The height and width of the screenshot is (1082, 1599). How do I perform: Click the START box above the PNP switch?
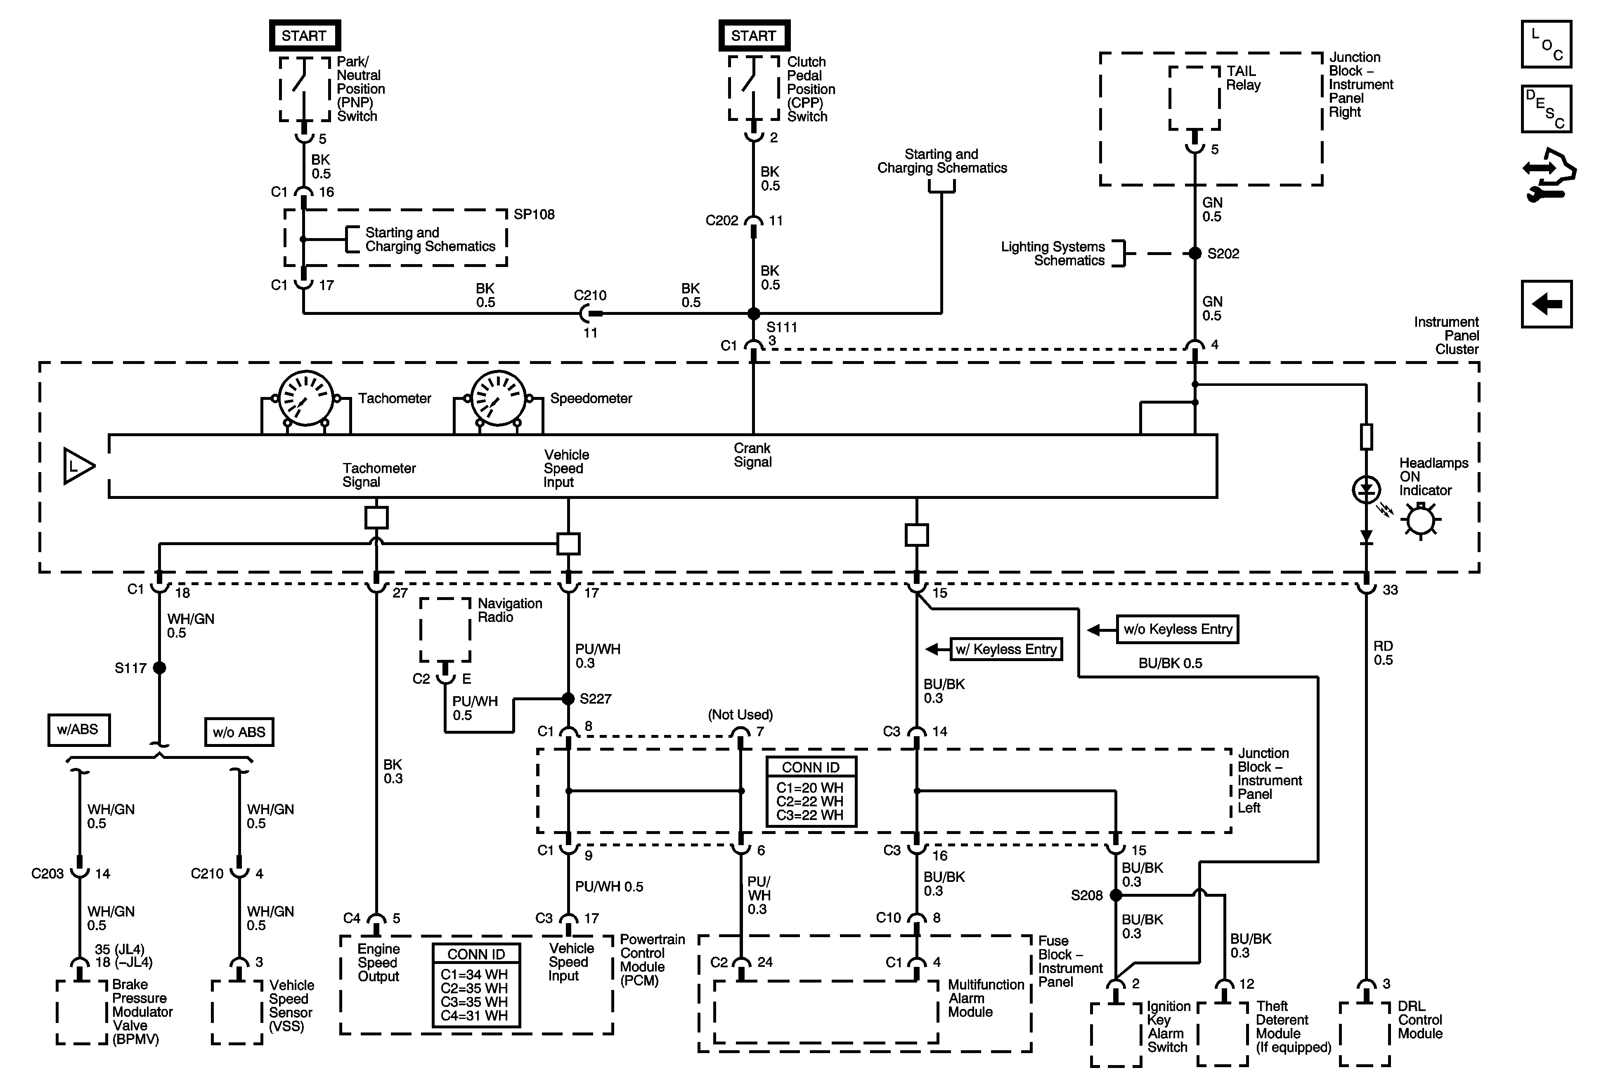[304, 36]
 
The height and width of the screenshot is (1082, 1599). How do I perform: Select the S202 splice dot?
[1195, 253]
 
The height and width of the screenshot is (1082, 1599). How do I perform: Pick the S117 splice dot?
[160, 667]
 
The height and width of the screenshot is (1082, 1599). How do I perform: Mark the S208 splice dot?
[1116, 895]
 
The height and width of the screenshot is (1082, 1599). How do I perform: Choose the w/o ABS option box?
[239, 732]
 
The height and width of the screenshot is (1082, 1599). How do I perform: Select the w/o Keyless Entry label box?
[1177, 629]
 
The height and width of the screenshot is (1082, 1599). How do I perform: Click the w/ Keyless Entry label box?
[1006, 650]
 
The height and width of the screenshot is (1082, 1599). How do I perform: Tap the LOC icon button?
[1547, 44]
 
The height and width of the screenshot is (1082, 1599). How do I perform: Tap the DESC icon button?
[1547, 109]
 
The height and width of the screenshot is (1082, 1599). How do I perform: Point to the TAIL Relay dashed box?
[1195, 98]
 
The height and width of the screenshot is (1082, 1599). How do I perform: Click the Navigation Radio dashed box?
[445, 629]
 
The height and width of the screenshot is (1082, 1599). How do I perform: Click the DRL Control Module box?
[1365, 1034]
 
